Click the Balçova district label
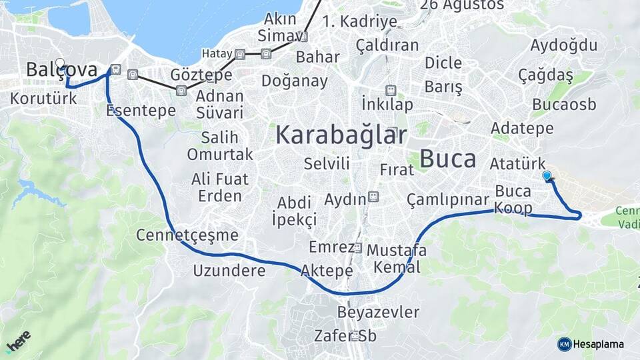[x=61, y=69]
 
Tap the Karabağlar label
[x=341, y=135]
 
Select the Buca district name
[x=449, y=159]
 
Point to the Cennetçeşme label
[x=187, y=235]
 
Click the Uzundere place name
[x=229, y=270]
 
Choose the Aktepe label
[x=327, y=270]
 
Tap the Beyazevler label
[x=378, y=312]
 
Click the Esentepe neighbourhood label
[x=140, y=111]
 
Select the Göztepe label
[x=201, y=75]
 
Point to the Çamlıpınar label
[x=447, y=199]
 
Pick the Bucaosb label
[x=564, y=105]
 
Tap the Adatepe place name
[x=522, y=127]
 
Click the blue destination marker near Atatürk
[x=547, y=176]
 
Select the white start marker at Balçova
[x=60, y=64]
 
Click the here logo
[x=18, y=340]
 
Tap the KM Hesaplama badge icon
[x=564, y=344]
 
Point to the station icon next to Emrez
[x=358, y=248]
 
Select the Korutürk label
[x=43, y=98]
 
